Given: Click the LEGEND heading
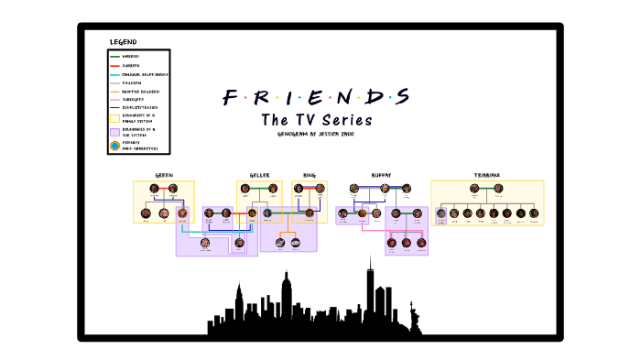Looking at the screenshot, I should (x=123, y=42).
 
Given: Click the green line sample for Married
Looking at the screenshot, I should (x=115, y=57).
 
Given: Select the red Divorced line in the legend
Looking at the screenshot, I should (x=115, y=65).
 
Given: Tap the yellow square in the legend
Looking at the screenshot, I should (x=115, y=115).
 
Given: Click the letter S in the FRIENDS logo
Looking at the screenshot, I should (x=400, y=97).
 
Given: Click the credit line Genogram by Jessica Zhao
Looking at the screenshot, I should (x=315, y=134).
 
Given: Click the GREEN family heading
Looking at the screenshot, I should (x=164, y=174).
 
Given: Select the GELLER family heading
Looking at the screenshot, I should (x=259, y=174).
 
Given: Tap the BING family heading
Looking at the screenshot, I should (x=310, y=174).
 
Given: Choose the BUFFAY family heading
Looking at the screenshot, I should (x=381, y=174).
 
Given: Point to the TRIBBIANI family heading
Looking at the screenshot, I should (x=486, y=174).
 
